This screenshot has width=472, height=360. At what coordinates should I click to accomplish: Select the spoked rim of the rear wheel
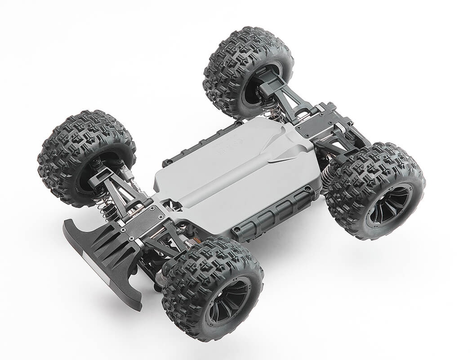(388, 205)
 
